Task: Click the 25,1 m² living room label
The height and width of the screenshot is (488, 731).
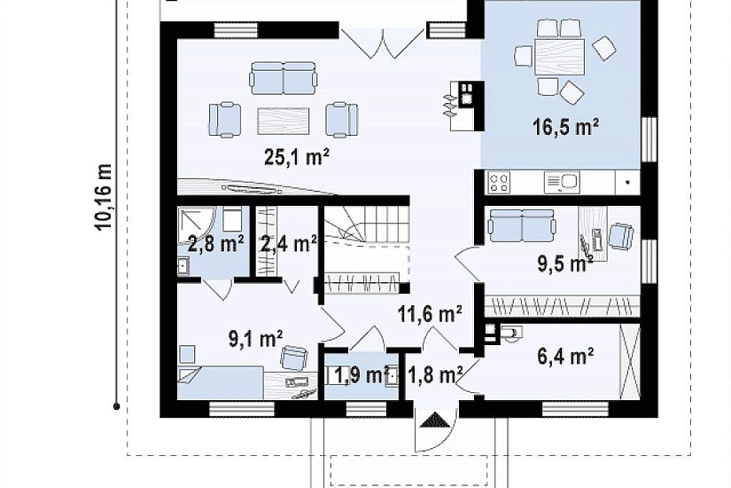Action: pyautogui.click(x=297, y=158)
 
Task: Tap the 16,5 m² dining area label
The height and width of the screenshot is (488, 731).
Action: pyautogui.click(x=565, y=127)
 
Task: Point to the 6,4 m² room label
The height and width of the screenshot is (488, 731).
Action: pyautogui.click(x=565, y=358)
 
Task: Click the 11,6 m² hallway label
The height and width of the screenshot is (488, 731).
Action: pyautogui.click(x=430, y=313)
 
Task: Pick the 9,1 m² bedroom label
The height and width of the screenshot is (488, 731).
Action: pyautogui.click(x=255, y=339)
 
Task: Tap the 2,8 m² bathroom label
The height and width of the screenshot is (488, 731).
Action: pyautogui.click(x=215, y=243)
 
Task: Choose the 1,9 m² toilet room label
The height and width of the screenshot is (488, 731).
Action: pyautogui.click(x=362, y=374)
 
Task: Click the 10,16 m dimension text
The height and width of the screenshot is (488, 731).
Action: pyautogui.click(x=104, y=197)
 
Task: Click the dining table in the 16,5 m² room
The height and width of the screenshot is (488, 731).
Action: pyautogui.click(x=559, y=57)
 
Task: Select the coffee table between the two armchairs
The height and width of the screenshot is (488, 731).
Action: pyautogui.click(x=284, y=121)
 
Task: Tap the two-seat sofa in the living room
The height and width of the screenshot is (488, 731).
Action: pyautogui.click(x=284, y=78)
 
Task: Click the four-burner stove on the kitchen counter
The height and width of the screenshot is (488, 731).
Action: pyautogui.click(x=499, y=183)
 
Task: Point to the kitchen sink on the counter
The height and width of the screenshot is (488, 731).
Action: pyautogui.click(x=562, y=182)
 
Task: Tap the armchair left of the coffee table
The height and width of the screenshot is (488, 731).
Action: pyautogui.click(x=225, y=120)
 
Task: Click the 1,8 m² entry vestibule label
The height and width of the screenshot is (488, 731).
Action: pyautogui.click(x=435, y=374)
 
